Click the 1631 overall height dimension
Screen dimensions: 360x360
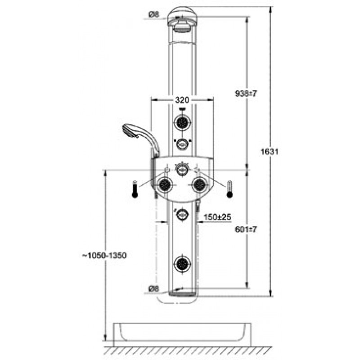(x=270, y=152)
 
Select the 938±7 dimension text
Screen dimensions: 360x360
(x=246, y=94)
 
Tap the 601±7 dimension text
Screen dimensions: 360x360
(x=246, y=229)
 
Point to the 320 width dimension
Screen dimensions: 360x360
(x=182, y=100)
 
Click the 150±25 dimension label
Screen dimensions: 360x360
(x=217, y=217)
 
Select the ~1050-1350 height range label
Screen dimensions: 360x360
(x=105, y=256)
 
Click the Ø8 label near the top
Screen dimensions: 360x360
(x=153, y=15)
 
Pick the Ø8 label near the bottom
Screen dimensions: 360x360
(x=153, y=288)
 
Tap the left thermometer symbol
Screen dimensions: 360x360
(x=135, y=189)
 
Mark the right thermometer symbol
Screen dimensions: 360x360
(x=229, y=189)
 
